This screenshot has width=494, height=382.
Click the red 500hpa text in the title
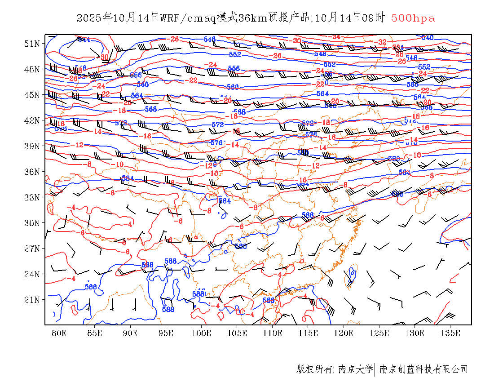[x=413, y=18]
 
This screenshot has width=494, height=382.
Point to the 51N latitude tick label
[x=32, y=44]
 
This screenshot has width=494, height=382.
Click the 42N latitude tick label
[x=32, y=120]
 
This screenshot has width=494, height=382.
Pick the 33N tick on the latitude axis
[x=32, y=197]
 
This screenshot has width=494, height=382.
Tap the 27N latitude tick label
[x=32, y=249]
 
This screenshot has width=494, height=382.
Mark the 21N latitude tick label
[x=32, y=300]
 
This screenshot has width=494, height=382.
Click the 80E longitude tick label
[x=59, y=333]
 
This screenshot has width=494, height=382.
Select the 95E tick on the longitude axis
[x=166, y=333]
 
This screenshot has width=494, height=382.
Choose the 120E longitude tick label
[x=344, y=333]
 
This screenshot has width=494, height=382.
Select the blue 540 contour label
[x=427, y=38]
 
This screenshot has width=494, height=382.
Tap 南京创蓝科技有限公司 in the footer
[x=423, y=369]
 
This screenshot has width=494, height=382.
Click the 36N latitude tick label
[x=32, y=172]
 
